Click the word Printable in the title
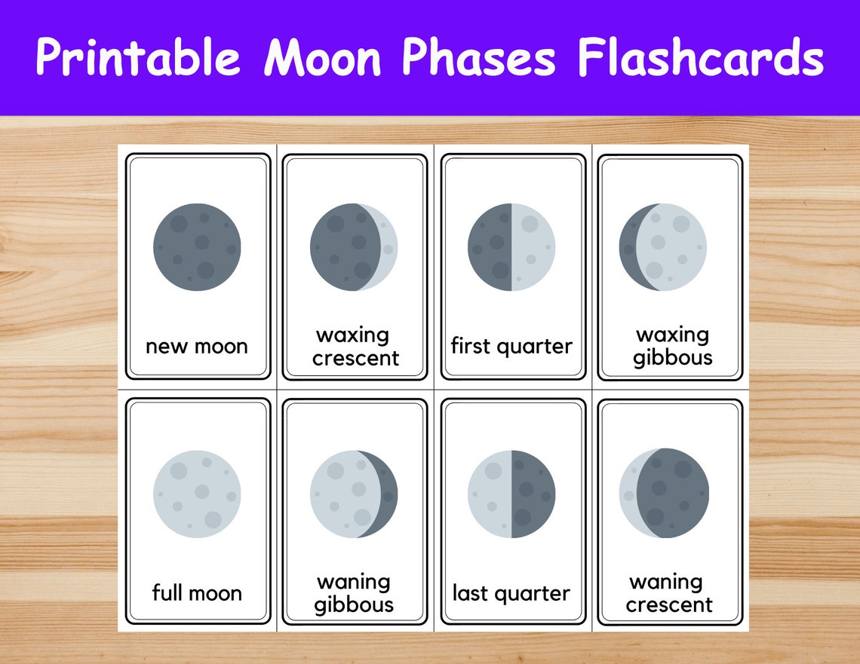138,57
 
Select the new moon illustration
197,246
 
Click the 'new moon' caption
197,346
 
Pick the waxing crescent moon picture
354,246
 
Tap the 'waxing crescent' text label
355,346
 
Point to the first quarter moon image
511,246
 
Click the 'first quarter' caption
511,346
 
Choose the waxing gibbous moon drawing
663,246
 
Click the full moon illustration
197,494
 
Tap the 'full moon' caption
197,592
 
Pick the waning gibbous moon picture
354,494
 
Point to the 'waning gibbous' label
354,592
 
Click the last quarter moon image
511,494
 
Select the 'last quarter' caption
511,592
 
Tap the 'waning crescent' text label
668,592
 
